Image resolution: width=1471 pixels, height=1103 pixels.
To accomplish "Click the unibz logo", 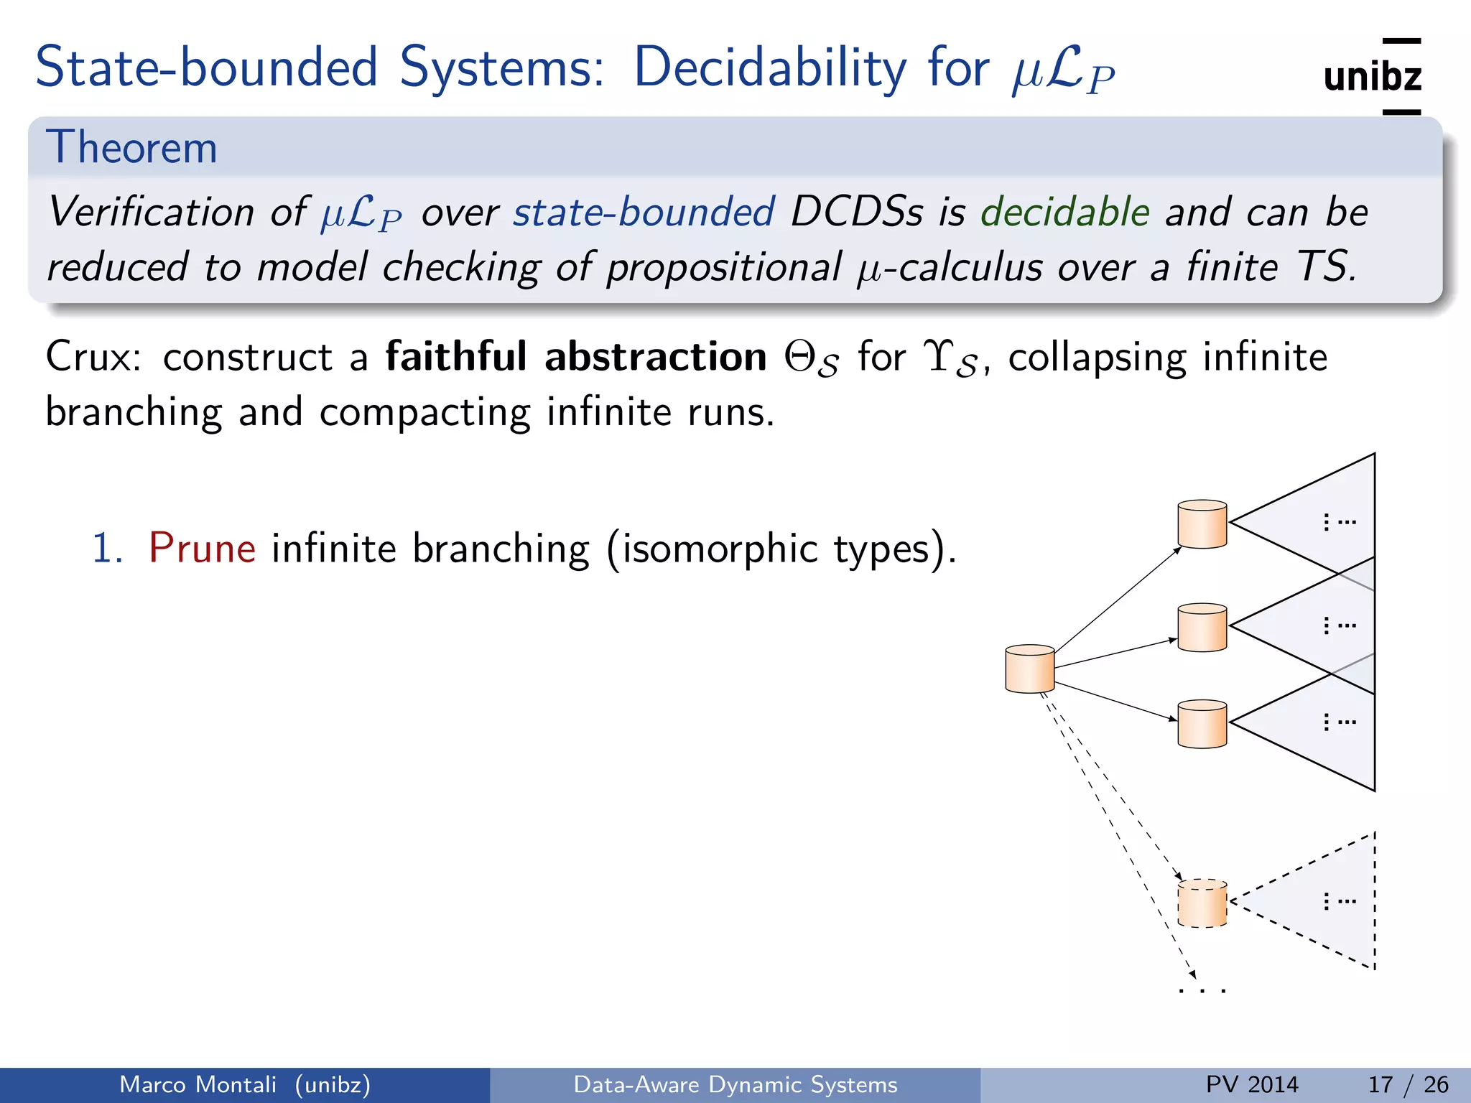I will pos(1372,76).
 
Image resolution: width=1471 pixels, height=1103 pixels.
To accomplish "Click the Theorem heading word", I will pos(131,148).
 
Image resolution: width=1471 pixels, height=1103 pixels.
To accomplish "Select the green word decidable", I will pos(1065,213).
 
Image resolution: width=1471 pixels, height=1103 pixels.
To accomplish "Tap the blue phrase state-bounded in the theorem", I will pos(644,213).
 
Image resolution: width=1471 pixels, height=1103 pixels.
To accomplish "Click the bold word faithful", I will pos(456,357).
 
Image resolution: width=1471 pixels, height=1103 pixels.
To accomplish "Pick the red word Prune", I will pos(202,549).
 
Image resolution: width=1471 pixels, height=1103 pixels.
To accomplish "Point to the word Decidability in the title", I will pos(770,68).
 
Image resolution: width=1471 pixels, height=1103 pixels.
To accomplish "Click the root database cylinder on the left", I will pos(1029,669).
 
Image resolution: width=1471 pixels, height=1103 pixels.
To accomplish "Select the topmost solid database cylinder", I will pos(1202,524).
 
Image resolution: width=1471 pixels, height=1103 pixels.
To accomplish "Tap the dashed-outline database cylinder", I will pos(1202,903).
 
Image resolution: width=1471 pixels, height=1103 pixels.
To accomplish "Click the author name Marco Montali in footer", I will pos(198,1084).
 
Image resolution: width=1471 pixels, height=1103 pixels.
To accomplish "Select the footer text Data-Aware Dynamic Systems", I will pos(735,1084).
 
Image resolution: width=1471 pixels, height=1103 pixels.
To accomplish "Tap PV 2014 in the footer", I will pos(1252,1084).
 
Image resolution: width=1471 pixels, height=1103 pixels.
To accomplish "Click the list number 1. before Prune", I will pos(108,549).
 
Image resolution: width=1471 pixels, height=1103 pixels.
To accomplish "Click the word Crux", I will pos(92,357).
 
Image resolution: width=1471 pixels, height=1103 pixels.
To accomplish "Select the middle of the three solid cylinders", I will pos(1202,628).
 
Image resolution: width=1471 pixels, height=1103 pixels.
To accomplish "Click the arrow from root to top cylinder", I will pos(1117,600).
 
